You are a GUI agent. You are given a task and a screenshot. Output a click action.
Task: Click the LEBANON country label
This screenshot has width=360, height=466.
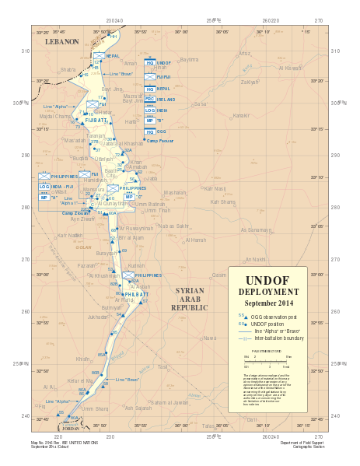click(62, 41)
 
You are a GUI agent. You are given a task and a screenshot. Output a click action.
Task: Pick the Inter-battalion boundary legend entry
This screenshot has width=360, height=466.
click(278, 338)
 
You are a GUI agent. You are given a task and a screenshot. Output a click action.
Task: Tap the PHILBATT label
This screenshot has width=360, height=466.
click(135, 295)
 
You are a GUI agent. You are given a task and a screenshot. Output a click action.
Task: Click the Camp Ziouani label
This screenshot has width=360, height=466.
click(75, 212)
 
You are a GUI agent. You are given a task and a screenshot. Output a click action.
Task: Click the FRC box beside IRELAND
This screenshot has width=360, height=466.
click(149, 100)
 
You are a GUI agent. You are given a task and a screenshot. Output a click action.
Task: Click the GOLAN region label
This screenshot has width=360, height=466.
click(82, 247)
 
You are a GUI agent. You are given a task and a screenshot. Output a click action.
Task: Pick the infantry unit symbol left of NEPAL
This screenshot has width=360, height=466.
click(99, 56)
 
